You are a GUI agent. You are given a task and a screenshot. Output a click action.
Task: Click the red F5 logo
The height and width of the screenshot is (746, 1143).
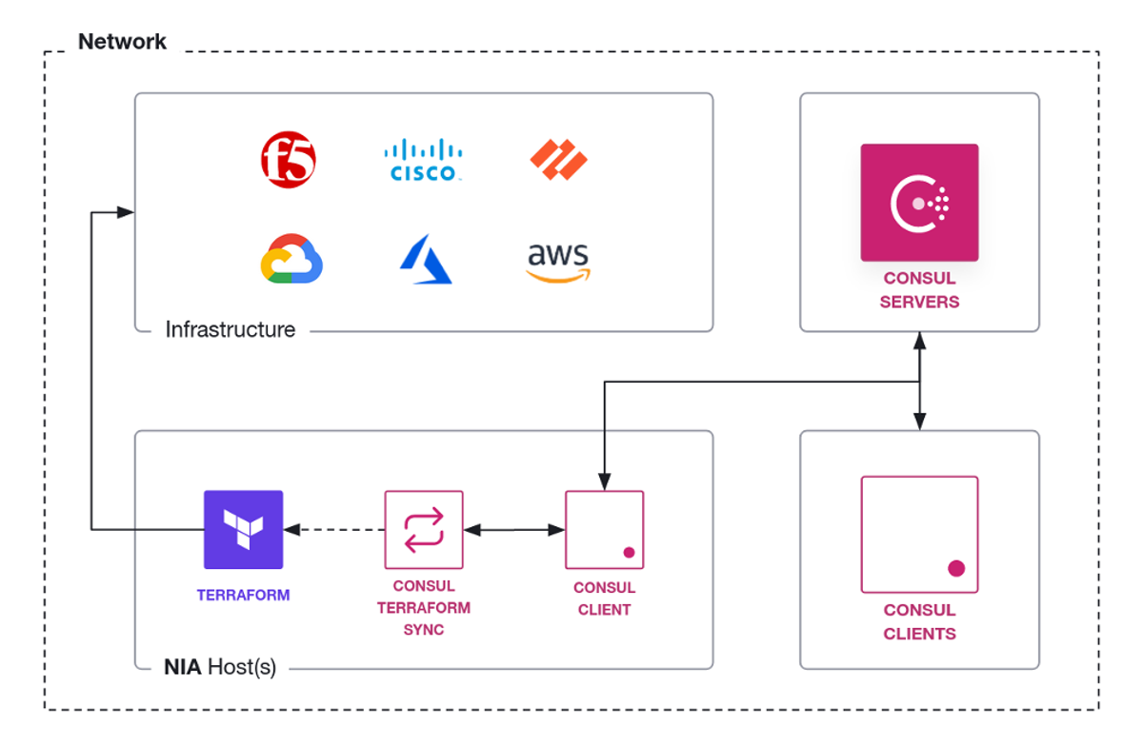[x=289, y=160]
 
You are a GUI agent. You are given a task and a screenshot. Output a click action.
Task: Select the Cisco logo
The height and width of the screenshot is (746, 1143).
[x=423, y=160]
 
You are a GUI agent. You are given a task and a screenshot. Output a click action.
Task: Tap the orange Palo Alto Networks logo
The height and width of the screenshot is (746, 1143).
[x=559, y=159]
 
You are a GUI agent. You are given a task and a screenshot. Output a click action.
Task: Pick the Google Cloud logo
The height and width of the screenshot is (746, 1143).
[x=291, y=260]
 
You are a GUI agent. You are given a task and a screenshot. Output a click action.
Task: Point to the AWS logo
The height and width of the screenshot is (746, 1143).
[x=558, y=262]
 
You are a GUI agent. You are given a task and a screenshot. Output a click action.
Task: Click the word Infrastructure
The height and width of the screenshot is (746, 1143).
[x=231, y=330]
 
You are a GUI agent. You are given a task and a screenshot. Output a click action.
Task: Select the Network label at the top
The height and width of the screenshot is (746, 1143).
[x=122, y=42]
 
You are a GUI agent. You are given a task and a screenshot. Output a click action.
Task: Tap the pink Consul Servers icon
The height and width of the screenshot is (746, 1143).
[x=919, y=203]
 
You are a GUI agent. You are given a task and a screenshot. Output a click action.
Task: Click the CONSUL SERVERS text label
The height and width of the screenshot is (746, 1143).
[x=920, y=290]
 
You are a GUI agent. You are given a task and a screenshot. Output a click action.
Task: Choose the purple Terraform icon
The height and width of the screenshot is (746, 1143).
[x=244, y=529]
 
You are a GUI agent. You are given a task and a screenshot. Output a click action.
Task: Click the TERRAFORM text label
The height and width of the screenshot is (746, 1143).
[x=244, y=596]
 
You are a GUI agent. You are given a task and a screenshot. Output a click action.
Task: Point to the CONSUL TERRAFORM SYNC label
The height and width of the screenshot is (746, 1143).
[x=424, y=608]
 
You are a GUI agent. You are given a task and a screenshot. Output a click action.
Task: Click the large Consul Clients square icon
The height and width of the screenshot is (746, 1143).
[x=919, y=534]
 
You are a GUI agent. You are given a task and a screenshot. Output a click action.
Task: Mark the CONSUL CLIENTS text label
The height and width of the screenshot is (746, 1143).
[x=920, y=621]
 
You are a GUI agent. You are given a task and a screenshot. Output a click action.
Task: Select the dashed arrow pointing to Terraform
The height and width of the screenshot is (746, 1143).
[x=333, y=530]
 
